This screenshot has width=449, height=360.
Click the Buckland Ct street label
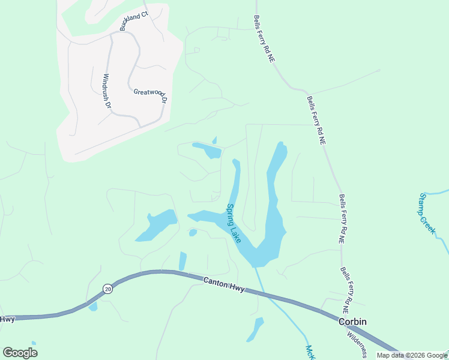[133, 20]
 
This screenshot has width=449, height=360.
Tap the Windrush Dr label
[107, 91]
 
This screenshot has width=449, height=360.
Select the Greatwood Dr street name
[149, 94]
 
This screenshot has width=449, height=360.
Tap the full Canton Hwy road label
[224, 284]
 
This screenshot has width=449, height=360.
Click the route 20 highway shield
[107, 289]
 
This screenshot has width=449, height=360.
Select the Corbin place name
[352, 322]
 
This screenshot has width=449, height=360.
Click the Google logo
[20, 353]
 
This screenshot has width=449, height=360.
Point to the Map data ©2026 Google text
[412, 355]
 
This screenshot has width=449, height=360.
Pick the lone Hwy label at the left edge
[7, 319]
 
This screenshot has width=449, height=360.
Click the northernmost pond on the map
[208, 149]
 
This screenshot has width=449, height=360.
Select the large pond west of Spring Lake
[157, 226]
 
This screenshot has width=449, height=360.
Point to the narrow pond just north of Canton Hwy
[182, 261]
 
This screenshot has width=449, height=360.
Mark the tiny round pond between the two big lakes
[193, 233]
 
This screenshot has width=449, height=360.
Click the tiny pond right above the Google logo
[34, 343]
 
